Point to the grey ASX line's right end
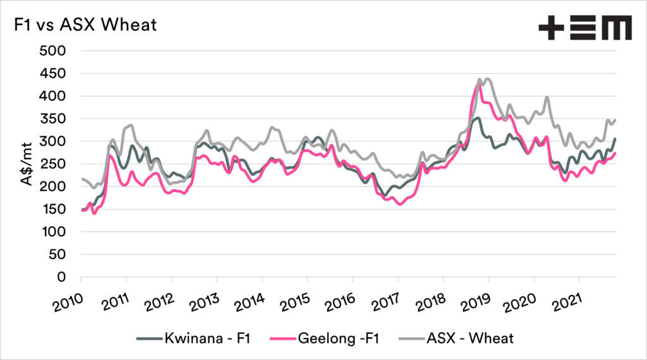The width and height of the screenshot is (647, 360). (x=615, y=119)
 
